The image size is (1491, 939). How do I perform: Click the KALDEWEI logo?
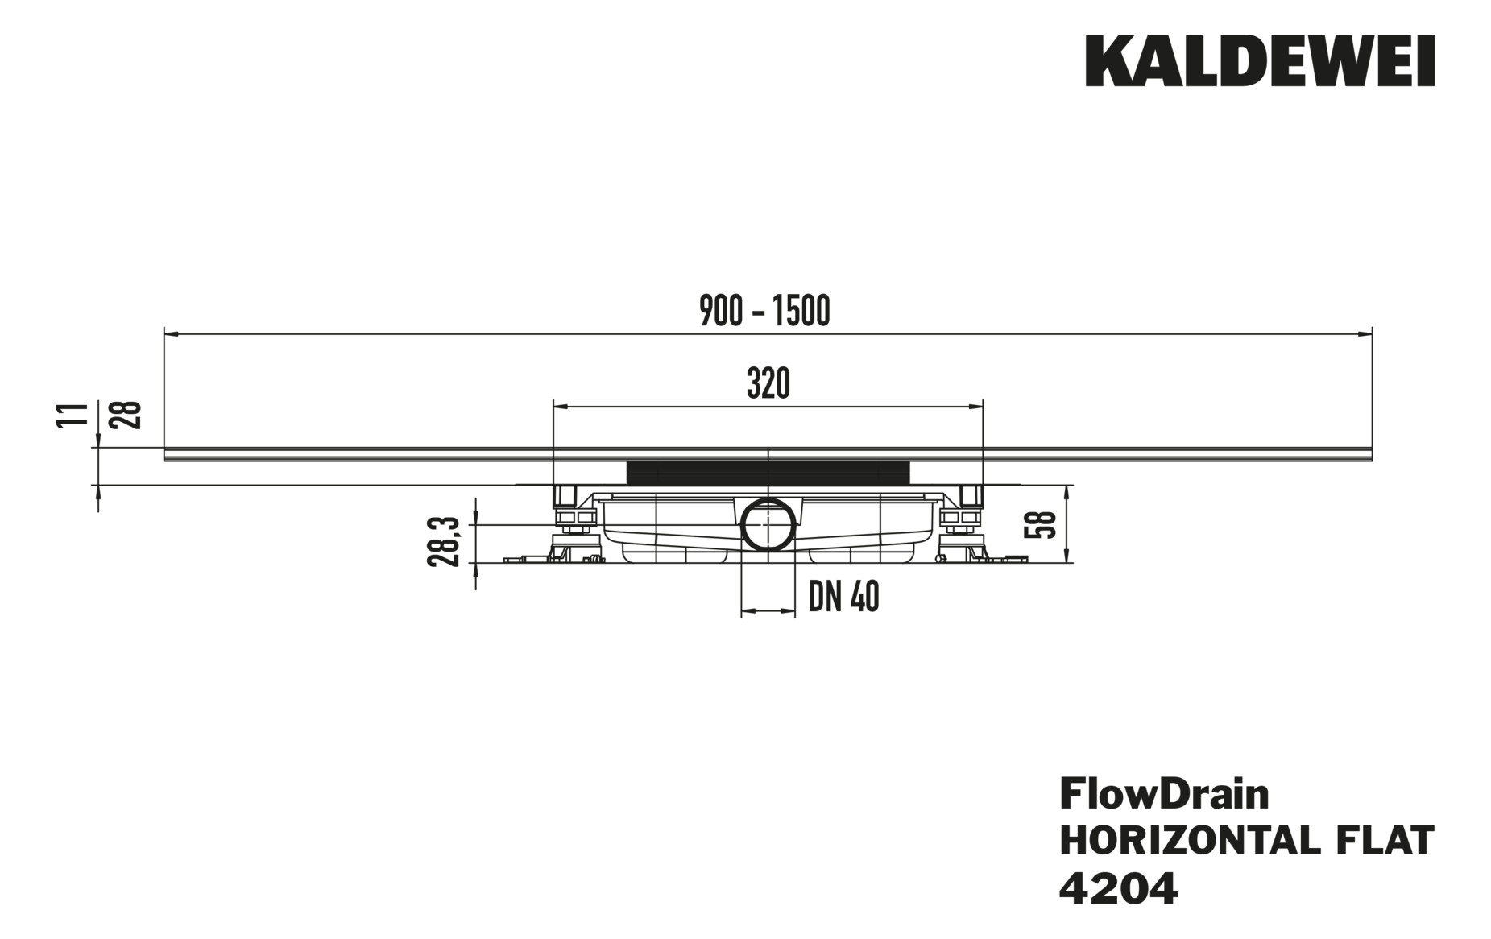tap(1260, 60)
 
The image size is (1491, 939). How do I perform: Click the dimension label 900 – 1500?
tap(764, 312)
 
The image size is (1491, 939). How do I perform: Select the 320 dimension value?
tap(768, 384)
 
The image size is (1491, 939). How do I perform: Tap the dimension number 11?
tap(72, 415)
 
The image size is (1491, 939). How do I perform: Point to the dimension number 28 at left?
tap(129, 415)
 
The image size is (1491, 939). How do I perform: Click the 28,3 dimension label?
tap(444, 542)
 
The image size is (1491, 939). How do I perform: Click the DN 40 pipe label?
tap(843, 598)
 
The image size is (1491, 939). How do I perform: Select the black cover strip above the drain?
tap(768, 471)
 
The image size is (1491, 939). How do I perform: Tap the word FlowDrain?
tap(1163, 794)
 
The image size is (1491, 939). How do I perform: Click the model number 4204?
tap(1118, 889)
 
